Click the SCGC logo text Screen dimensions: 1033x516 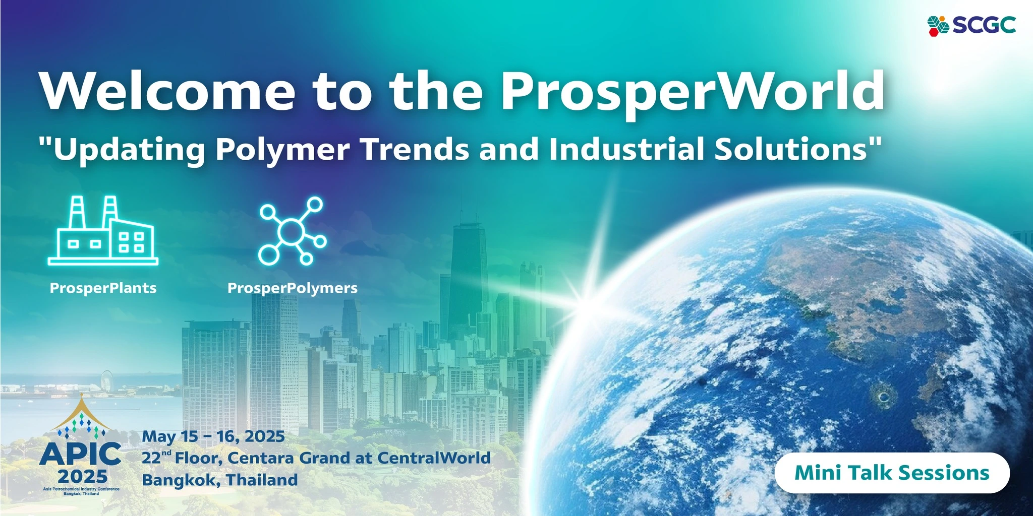tap(984, 25)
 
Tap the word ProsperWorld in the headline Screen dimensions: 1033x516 tap(693, 93)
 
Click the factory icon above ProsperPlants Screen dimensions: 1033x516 tap(103, 230)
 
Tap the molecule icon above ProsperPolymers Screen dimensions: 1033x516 tap(292, 231)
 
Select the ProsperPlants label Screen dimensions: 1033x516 tap(103, 288)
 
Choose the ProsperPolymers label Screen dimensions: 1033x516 tap(293, 288)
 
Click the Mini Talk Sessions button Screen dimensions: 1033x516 tap(892, 473)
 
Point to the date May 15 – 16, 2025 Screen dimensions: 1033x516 tap(213, 436)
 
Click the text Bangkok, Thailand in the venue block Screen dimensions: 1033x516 tap(220, 480)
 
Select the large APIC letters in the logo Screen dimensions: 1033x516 tap(80, 455)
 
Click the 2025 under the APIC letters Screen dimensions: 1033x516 tap(83, 476)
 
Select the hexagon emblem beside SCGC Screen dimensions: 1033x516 tap(939, 26)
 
